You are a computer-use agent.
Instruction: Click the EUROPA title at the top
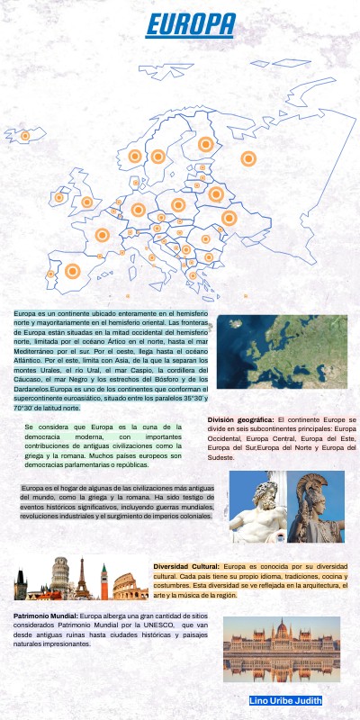coord(191,26)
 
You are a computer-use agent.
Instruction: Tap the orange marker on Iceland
coord(25,136)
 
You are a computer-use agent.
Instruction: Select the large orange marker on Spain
coord(73,270)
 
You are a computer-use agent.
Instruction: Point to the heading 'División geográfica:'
coord(240,419)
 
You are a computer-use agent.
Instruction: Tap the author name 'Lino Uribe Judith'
coord(285,700)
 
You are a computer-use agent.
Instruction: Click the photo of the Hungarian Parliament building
coord(281,648)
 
